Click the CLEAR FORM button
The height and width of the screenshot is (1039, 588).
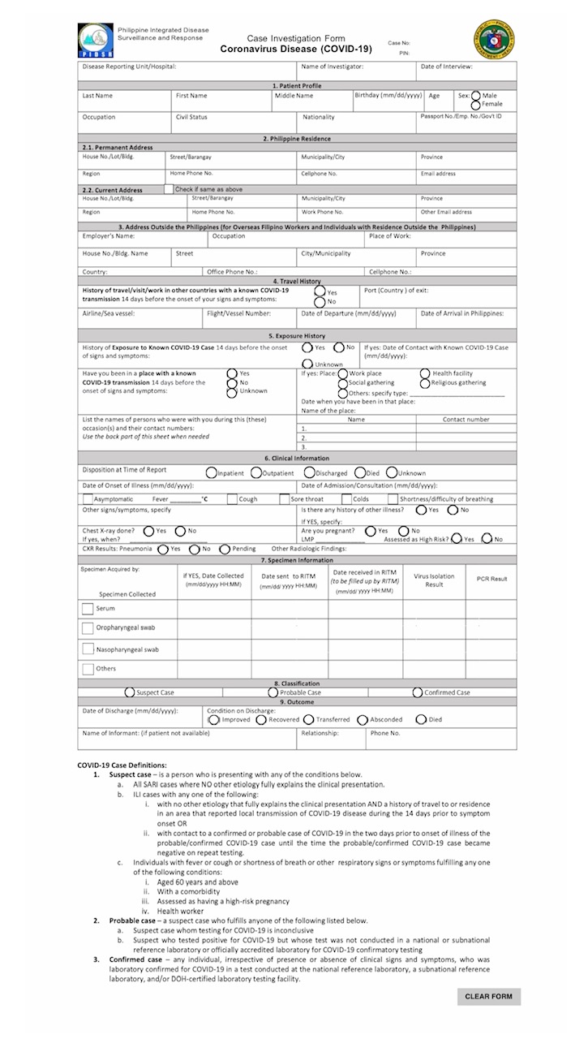pyautogui.click(x=488, y=997)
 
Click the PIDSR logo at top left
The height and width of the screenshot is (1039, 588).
pyautogui.click(x=95, y=40)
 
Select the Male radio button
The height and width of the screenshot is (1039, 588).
pyautogui.click(x=476, y=96)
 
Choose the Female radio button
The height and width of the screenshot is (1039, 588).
pyautogui.click(x=476, y=105)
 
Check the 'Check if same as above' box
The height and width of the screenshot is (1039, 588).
pyautogui.click(x=169, y=189)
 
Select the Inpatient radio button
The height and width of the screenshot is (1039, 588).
pyautogui.click(x=211, y=472)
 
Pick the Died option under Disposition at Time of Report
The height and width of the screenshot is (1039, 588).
pyautogui.click(x=361, y=472)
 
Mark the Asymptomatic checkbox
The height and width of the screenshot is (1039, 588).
pyautogui.click(x=87, y=499)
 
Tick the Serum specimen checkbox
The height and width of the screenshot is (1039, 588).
pyautogui.click(x=88, y=608)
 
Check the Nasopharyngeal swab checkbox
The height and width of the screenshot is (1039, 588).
pyautogui.click(x=88, y=649)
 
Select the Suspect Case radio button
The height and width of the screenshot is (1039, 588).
pyautogui.click(x=130, y=692)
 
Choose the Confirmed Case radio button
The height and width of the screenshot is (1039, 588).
pyautogui.click(x=418, y=692)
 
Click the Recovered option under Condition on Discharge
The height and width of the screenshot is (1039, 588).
pyautogui.click(x=261, y=719)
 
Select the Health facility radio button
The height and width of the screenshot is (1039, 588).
pyautogui.click(x=426, y=373)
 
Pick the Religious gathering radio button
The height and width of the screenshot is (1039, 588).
pyautogui.click(x=426, y=382)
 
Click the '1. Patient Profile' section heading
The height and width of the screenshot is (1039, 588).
pyautogui.click(x=297, y=85)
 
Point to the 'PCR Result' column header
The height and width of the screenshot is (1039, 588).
pyautogui.click(x=491, y=579)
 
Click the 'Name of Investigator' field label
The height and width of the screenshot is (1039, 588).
pyautogui.click(x=333, y=67)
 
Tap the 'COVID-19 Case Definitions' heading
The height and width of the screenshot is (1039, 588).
pyautogui.click(x=122, y=765)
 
